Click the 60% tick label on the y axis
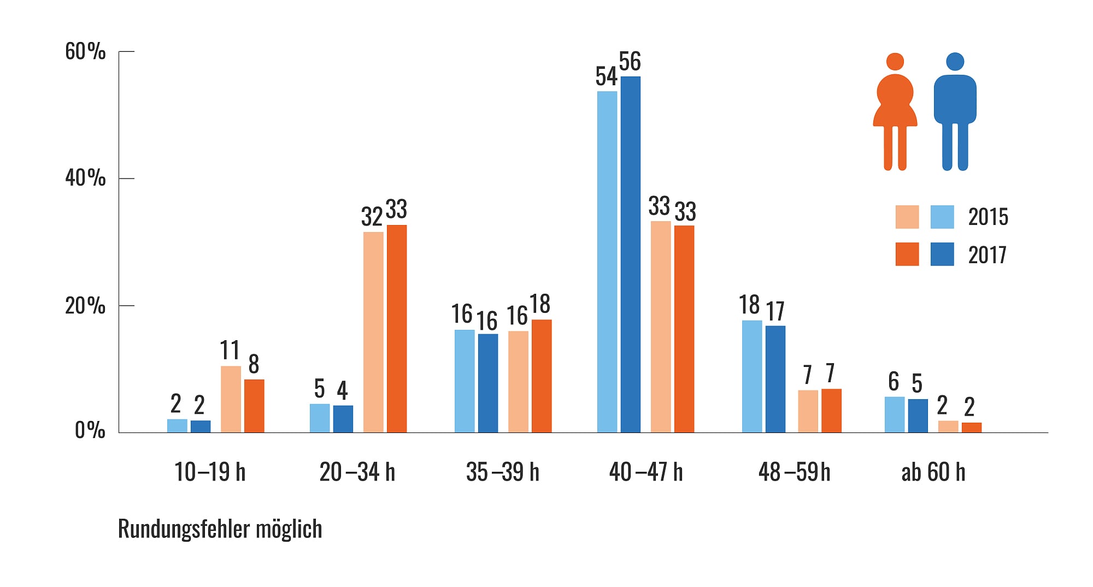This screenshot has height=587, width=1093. pos(85,52)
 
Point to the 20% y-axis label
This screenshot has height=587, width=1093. pos(85,306)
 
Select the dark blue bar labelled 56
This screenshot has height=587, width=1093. pos(630,254)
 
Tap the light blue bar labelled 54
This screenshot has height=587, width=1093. pos(607,262)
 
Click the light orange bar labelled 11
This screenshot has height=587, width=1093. pos(231,399)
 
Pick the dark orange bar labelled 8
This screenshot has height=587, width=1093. pos(254,406)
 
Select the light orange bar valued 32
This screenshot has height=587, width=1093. pos(373,332)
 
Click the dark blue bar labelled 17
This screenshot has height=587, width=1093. pos(775,379)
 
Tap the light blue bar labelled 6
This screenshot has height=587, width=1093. pos(894,414)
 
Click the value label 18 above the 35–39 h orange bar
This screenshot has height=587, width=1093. pos(540,304)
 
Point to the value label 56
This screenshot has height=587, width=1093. pos(630,62)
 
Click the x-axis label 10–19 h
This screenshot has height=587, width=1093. pos(210,472)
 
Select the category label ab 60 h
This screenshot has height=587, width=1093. pos(933,472)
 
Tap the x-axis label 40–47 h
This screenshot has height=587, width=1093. pos(646,472)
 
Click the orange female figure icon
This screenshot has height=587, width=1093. pos(895,112)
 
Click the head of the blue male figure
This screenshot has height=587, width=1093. pos(955,61)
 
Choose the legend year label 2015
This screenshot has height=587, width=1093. pos(988,217)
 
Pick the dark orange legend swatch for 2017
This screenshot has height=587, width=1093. pos(907,254)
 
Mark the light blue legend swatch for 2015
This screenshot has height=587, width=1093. pos(942,217)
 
